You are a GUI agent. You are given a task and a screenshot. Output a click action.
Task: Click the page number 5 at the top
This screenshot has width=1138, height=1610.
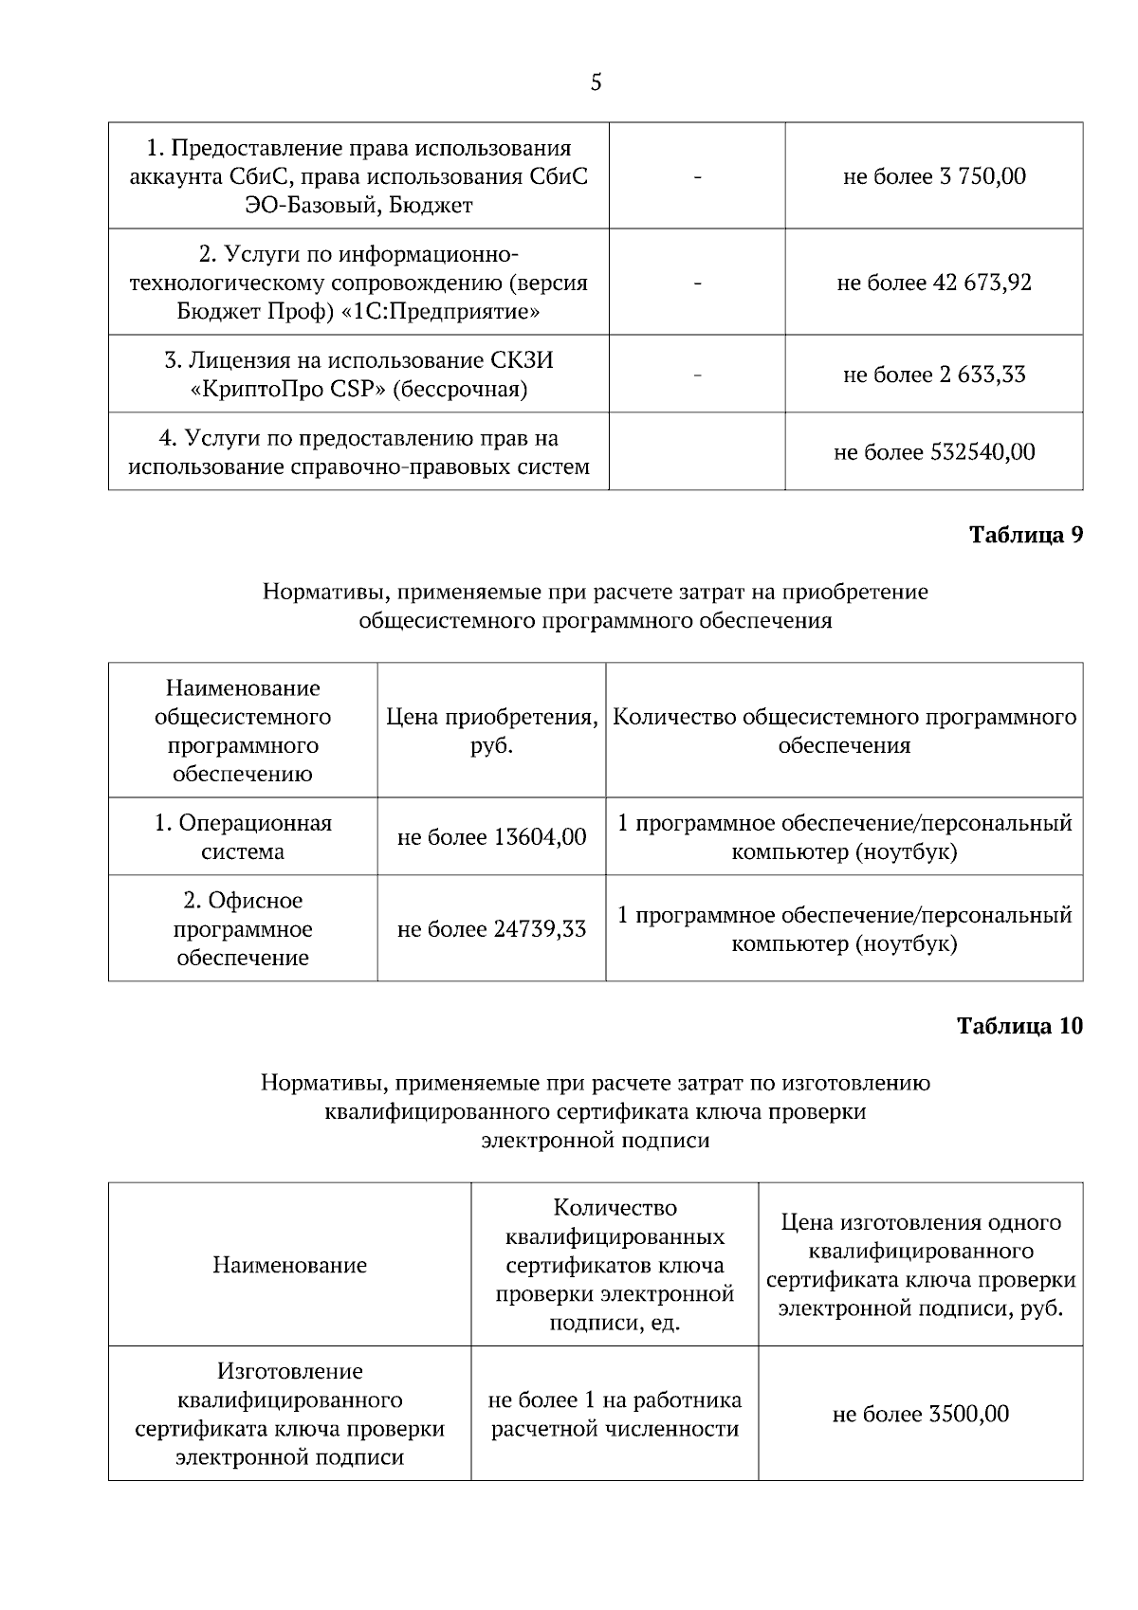[596, 82]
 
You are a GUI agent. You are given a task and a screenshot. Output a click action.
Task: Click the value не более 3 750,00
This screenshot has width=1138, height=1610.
[934, 176]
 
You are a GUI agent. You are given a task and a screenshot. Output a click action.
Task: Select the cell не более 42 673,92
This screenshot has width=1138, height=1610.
[934, 283]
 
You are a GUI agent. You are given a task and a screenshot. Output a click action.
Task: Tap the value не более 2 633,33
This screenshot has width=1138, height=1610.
[934, 375]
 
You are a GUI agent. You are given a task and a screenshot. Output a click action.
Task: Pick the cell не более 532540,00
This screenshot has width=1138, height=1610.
[934, 452]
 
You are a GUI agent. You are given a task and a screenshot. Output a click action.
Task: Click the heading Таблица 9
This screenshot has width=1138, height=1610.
[1025, 535]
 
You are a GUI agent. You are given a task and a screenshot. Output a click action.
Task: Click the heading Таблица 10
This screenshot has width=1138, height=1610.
[1019, 1026]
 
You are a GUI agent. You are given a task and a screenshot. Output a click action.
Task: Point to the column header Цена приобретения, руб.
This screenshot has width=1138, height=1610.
[491, 731]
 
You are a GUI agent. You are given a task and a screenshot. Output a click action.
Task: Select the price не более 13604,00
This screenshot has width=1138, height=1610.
[491, 837]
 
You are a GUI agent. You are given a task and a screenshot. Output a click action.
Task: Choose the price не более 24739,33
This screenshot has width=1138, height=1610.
[491, 929]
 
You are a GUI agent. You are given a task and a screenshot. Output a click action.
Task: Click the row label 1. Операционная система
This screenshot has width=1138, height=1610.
[243, 837]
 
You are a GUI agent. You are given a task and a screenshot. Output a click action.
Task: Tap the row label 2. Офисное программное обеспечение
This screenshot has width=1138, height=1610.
[243, 929]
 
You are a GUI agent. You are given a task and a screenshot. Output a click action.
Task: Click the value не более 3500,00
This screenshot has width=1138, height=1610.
[920, 1415]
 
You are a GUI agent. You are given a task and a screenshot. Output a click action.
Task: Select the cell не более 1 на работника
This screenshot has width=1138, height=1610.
[615, 1400]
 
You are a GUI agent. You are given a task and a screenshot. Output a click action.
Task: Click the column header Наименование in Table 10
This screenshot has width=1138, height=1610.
[289, 1266]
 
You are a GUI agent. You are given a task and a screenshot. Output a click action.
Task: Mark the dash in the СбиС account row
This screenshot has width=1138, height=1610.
[697, 176]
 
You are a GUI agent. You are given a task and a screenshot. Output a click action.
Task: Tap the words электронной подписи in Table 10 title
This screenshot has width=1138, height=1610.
[596, 1141]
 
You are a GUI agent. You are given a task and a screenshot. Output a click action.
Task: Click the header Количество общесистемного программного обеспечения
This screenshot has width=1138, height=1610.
[844, 731]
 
